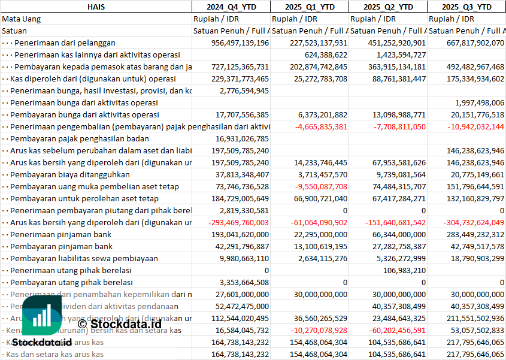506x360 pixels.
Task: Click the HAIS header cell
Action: point(96,7)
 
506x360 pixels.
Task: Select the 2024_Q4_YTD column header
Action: point(231,7)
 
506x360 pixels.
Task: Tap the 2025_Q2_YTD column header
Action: point(388,7)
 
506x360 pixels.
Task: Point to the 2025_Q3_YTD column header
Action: point(466,7)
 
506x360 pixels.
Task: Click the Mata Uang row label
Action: point(21,19)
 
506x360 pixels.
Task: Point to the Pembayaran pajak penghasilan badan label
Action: point(80,138)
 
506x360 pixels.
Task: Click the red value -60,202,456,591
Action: point(389,330)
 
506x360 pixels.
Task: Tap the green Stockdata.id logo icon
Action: point(40,316)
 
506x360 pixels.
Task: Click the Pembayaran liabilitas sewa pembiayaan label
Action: point(84,258)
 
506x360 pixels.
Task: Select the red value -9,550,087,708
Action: point(317,186)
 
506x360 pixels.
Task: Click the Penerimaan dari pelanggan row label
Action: point(65,43)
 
